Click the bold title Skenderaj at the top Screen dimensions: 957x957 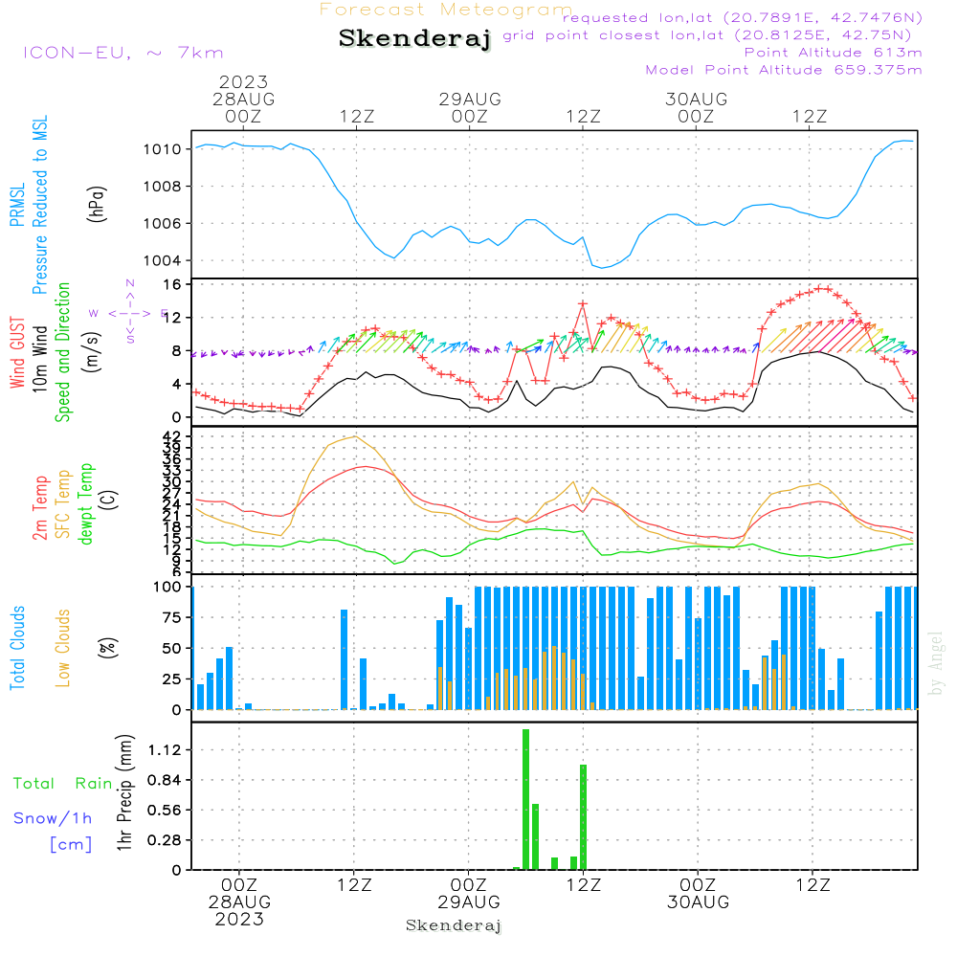tap(414, 39)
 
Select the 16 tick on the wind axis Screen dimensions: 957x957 tap(173, 285)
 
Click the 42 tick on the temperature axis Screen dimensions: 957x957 tap(171, 436)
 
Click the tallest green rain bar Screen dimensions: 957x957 tap(525, 799)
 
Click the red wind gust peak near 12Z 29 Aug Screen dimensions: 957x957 tap(582, 303)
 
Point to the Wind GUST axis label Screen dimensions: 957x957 tap(18, 354)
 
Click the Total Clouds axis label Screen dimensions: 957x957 tap(18, 648)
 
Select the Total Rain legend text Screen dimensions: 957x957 tap(63, 784)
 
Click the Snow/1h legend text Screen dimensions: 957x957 tap(54, 818)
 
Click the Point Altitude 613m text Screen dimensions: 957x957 tap(833, 52)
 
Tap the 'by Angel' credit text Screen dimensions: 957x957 tap(936, 663)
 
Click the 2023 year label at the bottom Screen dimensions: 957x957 tap(239, 920)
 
